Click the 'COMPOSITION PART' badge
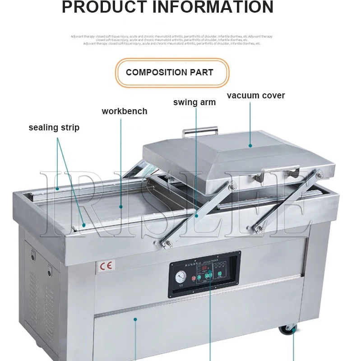[x=170, y=72]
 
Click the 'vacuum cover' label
[x=256, y=96]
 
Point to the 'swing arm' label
[x=194, y=102]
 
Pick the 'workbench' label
[x=125, y=111]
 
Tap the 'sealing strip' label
[x=54, y=128]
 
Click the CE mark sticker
[x=105, y=265]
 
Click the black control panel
[x=204, y=274]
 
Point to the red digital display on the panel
[x=207, y=275]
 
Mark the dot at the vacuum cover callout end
[x=250, y=145]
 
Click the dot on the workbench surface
[x=121, y=207]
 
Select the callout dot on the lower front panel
[x=135, y=319]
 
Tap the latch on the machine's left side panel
[x=32, y=254]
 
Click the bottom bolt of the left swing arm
[x=168, y=244]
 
